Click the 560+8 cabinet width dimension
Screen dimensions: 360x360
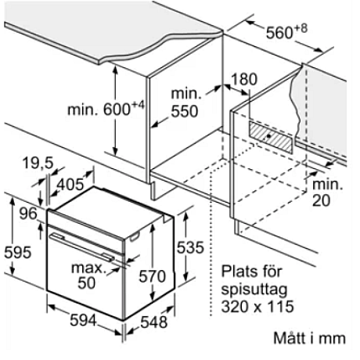pyautogui.click(x=286, y=32)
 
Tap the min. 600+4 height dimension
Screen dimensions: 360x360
pyautogui.click(x=106, y=109)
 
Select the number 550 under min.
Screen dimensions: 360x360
pyautogui.click(x=185, y=111)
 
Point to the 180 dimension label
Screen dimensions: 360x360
pyautogui.click(x=244, y=79)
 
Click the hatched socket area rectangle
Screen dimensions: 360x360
pyautogui.click(x=271, y=136)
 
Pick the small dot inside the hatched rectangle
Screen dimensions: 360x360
pyautogui.click(x=268, y=135)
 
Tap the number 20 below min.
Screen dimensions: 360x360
pyautogui.click(x=321, y=200)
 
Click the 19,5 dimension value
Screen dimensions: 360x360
pyautogui.click(x=38, y=163)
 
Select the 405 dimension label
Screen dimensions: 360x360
pyautogui.click(x=70, y=184)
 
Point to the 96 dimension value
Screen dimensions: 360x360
pyautogui.click(x=28, y=214)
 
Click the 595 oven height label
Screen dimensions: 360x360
pyautogui.click(x=18, y=252)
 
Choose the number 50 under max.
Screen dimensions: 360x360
pyautogui.click(x=87, y=283)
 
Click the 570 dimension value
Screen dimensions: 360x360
pyautogui.click(x=152, y=276)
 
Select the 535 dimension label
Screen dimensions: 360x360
pyautogui.click(x=190, y=247)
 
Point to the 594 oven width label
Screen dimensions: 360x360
pyautogui.click(x=83, y=320)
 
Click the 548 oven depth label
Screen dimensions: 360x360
pyautogui.click(x=153, y=322)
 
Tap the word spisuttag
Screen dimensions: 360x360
pyautogui.click(x=254, y=290)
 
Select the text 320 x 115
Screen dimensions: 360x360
pyautogui.click(x=257, y=306)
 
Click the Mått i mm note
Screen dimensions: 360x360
pyautogui.click(x=309, y=338)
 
